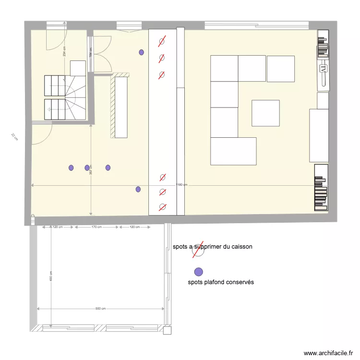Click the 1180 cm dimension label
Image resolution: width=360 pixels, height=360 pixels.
(x=182, y=185)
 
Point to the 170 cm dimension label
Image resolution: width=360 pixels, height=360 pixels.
(x=96, y=227)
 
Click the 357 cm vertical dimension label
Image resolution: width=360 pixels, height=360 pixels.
(x=91, y=170)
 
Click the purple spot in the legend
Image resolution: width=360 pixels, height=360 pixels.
(x=198, y=271)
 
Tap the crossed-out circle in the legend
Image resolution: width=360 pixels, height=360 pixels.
(x=197, y=249)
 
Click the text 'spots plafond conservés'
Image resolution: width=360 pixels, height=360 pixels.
(x=221, y=282)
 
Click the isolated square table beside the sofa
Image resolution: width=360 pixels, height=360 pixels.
(x=265, y=113)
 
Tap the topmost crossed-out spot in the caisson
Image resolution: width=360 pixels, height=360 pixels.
(x=162, y=42)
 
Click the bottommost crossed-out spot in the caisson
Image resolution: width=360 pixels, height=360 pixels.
(x=162, y=207)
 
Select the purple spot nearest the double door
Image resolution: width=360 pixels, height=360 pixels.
(x=141, y=52)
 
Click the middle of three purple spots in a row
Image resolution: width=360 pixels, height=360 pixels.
(x=87, y=168)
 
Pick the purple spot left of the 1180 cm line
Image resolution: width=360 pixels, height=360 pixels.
(x=138, y=189)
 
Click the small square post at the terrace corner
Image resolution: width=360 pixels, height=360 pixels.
(x=167, y=330)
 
